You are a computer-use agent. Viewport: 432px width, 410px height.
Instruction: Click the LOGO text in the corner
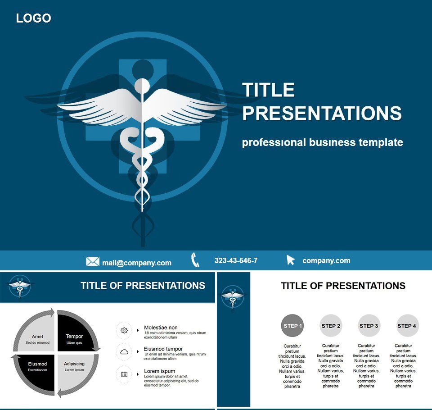[x=34, y=18]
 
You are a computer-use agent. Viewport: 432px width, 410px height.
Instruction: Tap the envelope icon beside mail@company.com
[x=93, y=261]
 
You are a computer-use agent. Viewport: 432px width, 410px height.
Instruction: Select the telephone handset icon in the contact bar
[x=195, y=260]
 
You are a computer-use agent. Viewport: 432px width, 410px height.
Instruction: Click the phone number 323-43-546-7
[x=236, y=260]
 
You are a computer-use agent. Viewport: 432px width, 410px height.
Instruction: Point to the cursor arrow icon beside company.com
[x=290, y=260]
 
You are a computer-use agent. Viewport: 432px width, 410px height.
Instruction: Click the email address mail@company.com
[x=137, y=263]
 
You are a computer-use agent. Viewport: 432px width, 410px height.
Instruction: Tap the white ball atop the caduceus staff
[x=142, y=86]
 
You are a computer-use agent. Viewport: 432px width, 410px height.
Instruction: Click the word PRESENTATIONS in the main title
[x=322, y=113]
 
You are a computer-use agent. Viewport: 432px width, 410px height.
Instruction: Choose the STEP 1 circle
[x=292, y=326]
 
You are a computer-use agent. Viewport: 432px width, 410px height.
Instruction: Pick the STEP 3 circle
[x=369, y=326]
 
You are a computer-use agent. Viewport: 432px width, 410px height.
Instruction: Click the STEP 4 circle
[x=407, y=326]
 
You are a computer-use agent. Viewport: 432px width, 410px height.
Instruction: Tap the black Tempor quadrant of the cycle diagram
[x=74, y=335]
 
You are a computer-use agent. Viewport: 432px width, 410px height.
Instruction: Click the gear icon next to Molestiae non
[x=124, y=330]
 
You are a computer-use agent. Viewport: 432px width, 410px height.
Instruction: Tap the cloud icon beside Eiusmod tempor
[x=124, y=352]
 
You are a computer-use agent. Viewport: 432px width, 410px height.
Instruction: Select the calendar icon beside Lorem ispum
[x=124, y=374]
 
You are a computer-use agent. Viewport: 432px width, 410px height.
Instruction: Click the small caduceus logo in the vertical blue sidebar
[x=233, y=298]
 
